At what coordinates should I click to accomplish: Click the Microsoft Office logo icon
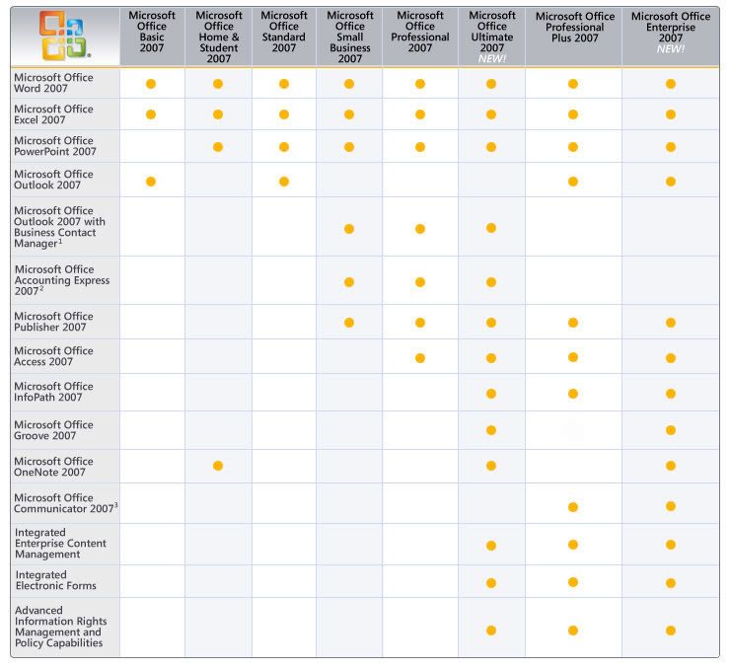[61, 35]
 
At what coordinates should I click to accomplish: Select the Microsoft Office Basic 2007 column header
[152, 32]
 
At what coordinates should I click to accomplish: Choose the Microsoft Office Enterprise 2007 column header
[670, 26]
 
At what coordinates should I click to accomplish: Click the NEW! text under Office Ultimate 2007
[491, 59]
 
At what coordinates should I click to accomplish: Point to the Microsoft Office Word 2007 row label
[53, 82]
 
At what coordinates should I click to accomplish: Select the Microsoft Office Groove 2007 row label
[53, 430]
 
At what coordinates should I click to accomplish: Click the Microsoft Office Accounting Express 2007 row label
[61, 280]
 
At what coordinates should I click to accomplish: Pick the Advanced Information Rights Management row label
[59, 628]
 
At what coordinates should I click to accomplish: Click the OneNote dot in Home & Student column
[218, 466]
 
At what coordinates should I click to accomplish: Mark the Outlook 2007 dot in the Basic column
[151, 181]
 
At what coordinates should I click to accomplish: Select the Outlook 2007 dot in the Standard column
[284, 181]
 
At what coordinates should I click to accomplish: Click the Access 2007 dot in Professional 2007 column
[420, 357]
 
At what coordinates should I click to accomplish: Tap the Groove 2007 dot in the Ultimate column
[491, 430]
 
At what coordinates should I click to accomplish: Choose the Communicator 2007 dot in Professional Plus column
[573, 507]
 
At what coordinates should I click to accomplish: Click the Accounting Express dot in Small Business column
[349, 282]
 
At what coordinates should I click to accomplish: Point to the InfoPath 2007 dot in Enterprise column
[671, 394]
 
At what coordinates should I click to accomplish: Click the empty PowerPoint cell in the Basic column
[152, 147]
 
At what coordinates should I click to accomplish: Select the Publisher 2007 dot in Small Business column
[349, 323]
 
